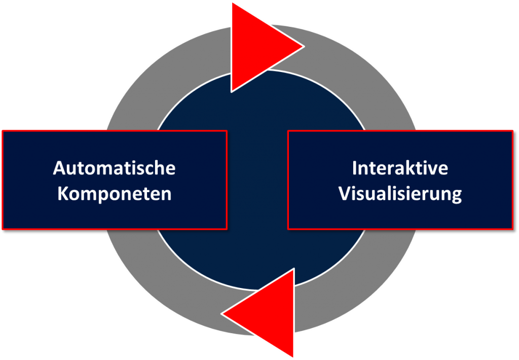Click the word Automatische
(x=114, y=168)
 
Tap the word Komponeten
(x=115, y=194)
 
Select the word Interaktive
(x=400, y=168)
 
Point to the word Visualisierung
(x=400, y=194)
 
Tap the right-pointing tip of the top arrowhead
(x=304, y=47)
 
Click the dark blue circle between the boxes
(x=257, y=181)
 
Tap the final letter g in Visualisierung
(x=457, y=196)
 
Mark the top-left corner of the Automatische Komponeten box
(x=3, y=131)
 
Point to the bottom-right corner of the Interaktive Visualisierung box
(x=513, y=229)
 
